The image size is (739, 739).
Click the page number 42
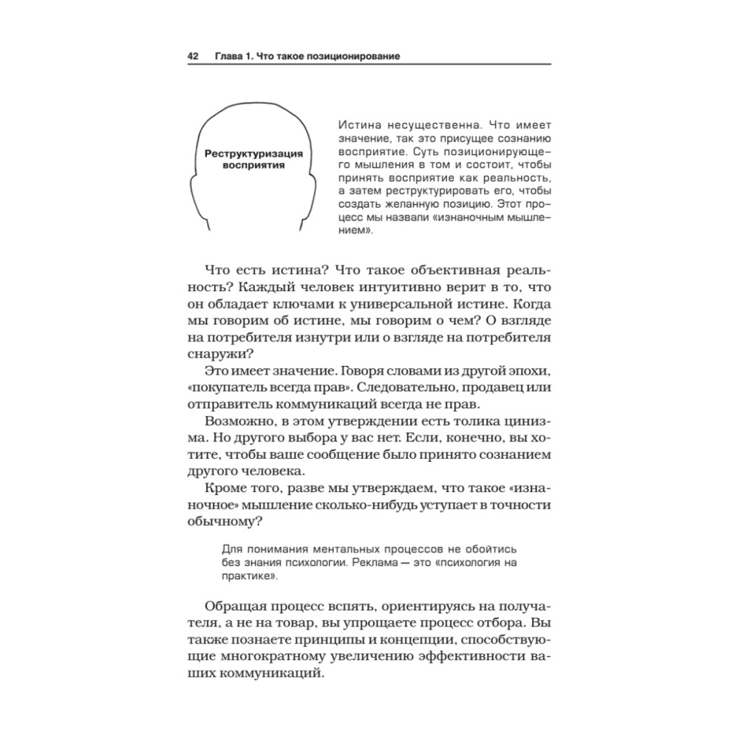(x=194, y=56)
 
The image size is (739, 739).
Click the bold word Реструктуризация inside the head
(x=253, y=153)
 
